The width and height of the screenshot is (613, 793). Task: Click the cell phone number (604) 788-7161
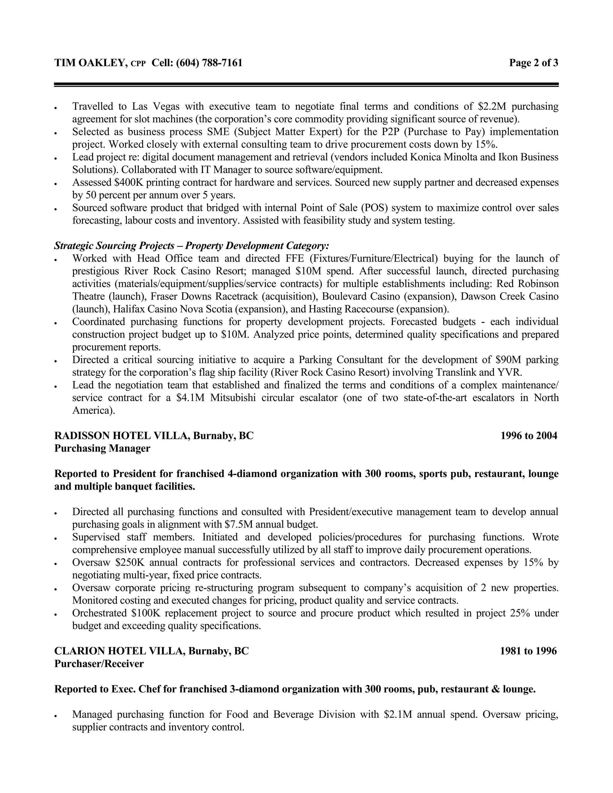pos(209,63)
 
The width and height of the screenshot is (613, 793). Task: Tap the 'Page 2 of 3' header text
pos(533,63)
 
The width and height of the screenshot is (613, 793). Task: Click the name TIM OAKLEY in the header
pos(90,63)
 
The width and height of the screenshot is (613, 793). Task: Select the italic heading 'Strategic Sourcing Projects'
pos(114,246)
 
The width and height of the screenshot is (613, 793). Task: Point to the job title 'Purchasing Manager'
pos(102,449)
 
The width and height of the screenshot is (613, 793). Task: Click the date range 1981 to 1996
pos(528,651)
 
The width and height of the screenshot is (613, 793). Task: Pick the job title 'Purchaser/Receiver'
pos(99,664)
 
